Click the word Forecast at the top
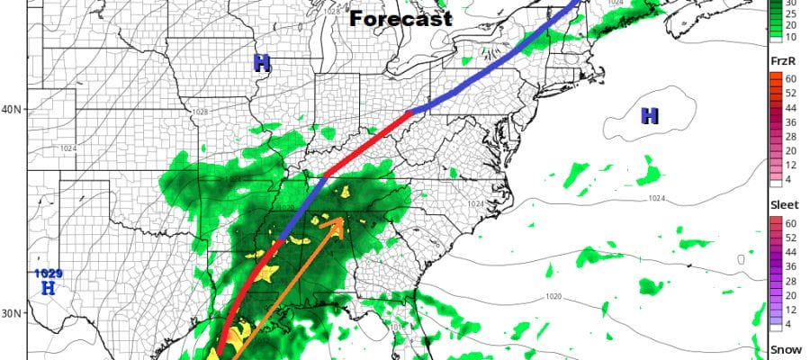[x=400, y=17]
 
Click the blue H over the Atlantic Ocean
[x=648, y=115]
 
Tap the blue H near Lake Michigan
[x=262, y=63]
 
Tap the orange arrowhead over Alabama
[x=335, y=224]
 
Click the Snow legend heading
[x=781, y=350]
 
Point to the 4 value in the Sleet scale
[x=789, y=323]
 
